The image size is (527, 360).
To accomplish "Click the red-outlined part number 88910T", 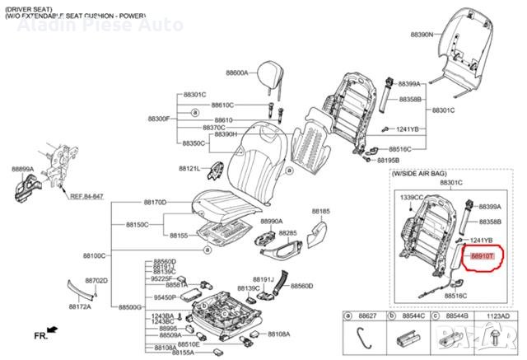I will pyautogui.click(x=483, y=257).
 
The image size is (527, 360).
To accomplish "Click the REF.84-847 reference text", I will pyautogui.click(x=86, y=197).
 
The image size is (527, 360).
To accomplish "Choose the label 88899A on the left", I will pyautogui.click(x=22, y=168).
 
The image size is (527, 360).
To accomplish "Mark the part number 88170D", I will pyautogui.click(x=155, y=202).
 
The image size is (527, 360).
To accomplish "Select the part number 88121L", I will pyautogui.click(x=189, y=168).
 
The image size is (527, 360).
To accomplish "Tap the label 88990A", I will pyautogui.click(x=272, y=221).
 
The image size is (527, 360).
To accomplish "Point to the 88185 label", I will pyautogui.click(x=320, y=211).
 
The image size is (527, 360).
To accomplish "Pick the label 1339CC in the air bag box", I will pyautogui.click(x=411, y=198).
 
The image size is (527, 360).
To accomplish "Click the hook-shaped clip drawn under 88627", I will pyautogui.click(x=363, y=337).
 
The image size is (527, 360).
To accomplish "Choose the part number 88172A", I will pyautogui.click(x=79, y=306).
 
